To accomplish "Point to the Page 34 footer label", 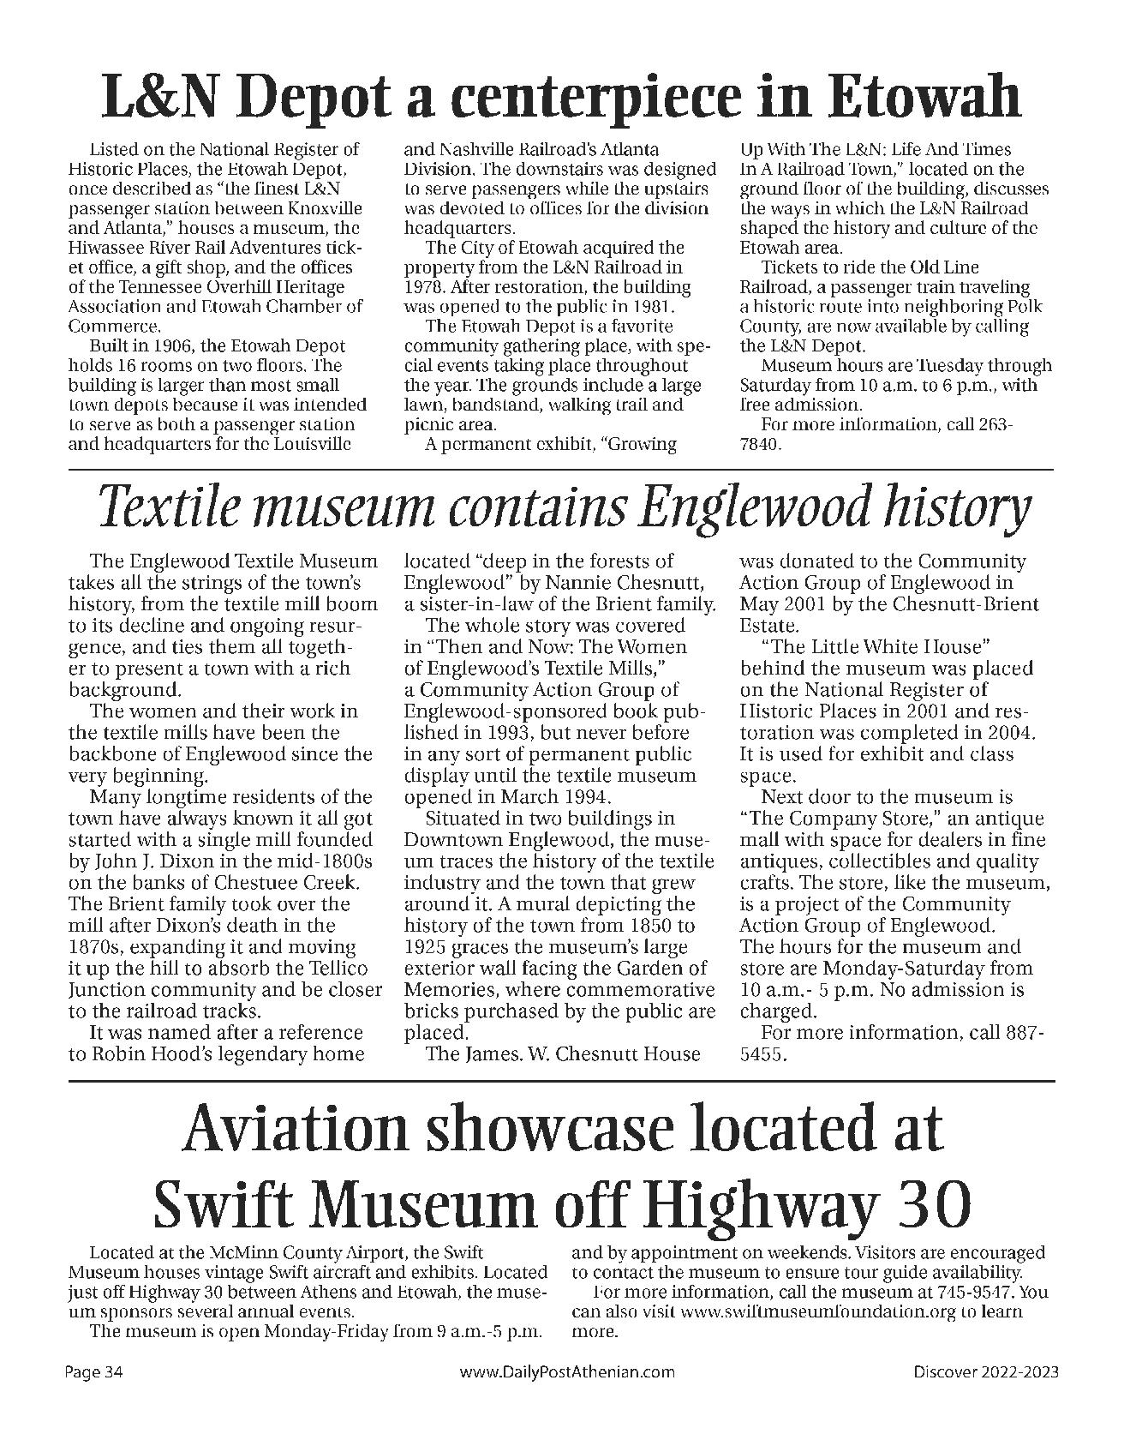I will (x=95, y=1372).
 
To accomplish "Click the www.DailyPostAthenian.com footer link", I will (x=567, y=1372).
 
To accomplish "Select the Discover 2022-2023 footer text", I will (x=984, y=1372).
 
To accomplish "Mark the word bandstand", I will (x=498, y=405).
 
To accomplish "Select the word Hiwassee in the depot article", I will (x=105, y=248).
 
